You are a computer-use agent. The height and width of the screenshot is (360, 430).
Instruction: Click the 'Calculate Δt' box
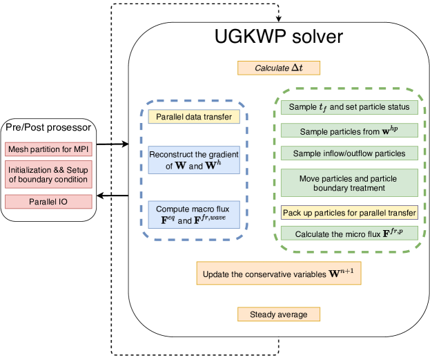click(279, 68)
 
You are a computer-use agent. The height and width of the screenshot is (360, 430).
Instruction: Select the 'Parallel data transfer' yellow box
click(194, 117)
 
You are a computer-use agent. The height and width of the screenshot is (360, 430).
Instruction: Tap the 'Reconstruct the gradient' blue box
click(194, 160)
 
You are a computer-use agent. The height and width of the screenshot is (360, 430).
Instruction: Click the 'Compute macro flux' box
click(194, 214)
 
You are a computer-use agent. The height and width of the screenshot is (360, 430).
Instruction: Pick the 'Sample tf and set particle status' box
click(349, 107)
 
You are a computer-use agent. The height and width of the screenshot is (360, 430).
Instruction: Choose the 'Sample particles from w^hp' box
click(349, 130)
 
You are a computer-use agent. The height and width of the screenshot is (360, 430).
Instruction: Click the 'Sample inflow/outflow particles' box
click(349, 153)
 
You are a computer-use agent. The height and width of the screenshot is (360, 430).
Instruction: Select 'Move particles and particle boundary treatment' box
click(349, 183)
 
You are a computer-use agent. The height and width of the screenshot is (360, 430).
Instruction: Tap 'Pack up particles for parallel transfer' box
click(349, 213)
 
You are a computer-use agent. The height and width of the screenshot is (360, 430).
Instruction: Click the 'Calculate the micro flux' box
click(349, 233)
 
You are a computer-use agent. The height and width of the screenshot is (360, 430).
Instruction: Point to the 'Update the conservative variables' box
click(279, 273)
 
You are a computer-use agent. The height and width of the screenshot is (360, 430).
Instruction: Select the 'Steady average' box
click(279, 314)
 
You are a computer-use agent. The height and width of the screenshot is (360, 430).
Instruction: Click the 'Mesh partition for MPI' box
click(48, 149)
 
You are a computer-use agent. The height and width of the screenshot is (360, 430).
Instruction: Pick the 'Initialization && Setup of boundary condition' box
click(48, 174)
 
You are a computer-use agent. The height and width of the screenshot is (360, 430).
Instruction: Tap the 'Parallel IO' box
click(48, 202)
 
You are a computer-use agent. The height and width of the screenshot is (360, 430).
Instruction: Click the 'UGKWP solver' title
click(279, 36)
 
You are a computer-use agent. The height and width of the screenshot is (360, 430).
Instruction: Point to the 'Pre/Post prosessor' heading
click(48, 127)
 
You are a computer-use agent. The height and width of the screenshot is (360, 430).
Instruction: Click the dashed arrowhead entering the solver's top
click(279, 19)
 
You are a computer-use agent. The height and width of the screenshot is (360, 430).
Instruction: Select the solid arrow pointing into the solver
click(113, 144)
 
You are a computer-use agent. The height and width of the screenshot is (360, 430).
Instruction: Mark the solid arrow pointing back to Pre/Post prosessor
click(113, 196)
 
